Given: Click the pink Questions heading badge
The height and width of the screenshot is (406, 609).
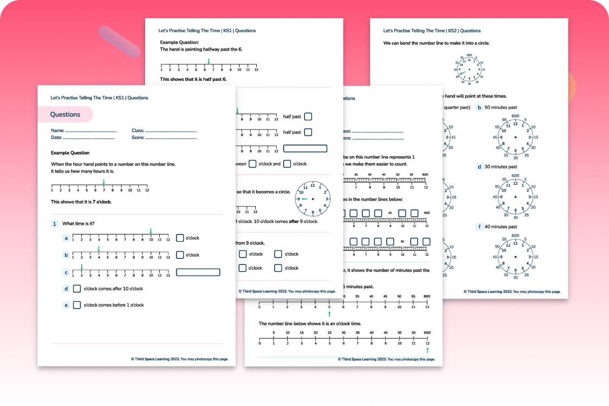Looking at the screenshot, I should click(x=65, y=115).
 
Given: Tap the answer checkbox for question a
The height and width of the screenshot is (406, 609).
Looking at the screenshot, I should click(x=180, y=238).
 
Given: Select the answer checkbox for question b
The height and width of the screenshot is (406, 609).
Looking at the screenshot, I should click(x=180, y=255).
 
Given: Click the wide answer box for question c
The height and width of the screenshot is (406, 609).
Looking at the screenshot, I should click(x=198, y=273).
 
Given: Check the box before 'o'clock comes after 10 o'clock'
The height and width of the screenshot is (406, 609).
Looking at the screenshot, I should click(x=77, y=289).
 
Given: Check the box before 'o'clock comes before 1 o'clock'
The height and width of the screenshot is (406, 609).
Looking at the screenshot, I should click(x=77, y=305).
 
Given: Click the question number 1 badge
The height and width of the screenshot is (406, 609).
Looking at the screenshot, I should click(x=54, y=224).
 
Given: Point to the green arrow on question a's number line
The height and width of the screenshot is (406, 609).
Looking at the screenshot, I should click(x=151, y=231).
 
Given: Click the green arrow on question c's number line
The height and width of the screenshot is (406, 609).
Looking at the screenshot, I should click(x=81, y=266).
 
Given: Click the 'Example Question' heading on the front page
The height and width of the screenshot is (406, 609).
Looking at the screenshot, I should click(x=70, y=153).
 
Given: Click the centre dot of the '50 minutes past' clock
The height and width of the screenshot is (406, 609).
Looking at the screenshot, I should click(x=515, y=138).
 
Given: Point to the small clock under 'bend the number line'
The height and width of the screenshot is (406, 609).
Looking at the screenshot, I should click(x=469, y=69).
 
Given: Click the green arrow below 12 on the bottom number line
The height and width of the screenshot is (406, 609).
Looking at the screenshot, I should click(x=427, y=350).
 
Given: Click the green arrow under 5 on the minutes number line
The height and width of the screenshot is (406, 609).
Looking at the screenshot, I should click(x=329, y=314).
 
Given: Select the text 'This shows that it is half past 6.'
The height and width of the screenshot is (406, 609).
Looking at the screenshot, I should click(x=193, y=79).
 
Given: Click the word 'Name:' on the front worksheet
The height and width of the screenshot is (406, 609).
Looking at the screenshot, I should click(x=57, y=130).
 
